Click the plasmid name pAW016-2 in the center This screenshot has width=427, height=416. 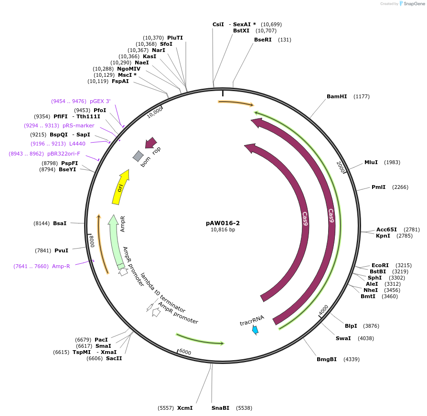[x=223, y=223]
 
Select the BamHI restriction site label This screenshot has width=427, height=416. [x=337, y=96]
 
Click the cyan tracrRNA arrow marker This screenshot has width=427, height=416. [x=256, y=330]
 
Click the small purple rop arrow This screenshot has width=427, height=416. [x=151, y=142]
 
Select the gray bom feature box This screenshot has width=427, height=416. [x=138, y=156]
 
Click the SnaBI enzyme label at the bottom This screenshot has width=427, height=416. [x=220, y=408]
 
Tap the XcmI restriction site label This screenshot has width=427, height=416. [x=185, y=408]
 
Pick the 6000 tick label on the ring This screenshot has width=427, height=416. [x=185, y=352]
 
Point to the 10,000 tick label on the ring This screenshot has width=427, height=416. [x=155, y=113]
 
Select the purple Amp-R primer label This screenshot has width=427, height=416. [x=61, y=266]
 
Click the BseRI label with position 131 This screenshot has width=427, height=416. [x=263, y=40]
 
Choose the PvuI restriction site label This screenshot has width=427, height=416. [x=61, y=250]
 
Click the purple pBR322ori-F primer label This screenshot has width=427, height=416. [x=64, y=154]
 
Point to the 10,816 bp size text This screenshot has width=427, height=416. [x=223, y=229]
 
